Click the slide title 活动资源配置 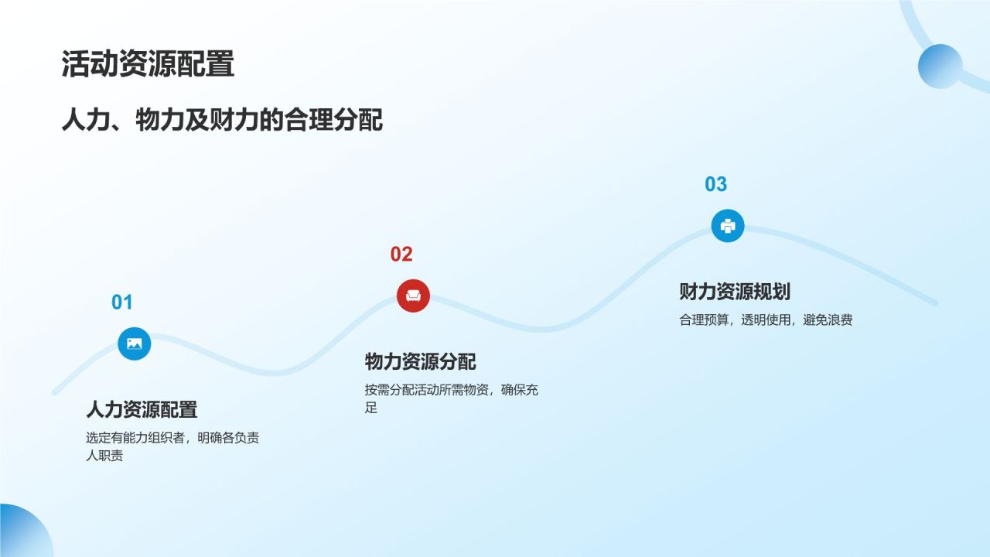(148, 65)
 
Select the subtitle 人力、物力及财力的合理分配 (222, 121)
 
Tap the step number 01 (122, 302)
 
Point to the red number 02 (401, 255)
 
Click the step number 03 (715, 184)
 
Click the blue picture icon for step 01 (135, 343)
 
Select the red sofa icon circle (413, 296)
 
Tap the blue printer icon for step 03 (727, 226)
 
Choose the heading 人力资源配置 (142, 409)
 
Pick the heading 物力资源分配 (420, 361)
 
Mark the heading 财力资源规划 (734, 292)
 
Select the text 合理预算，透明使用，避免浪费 (766, 320)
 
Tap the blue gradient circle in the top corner (940, 66)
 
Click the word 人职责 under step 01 (104, 456)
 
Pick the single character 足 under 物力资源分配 (371, 408)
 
